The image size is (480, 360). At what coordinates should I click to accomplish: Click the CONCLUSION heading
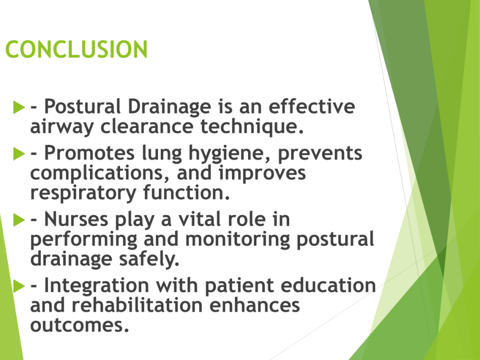click(x=76, y=49)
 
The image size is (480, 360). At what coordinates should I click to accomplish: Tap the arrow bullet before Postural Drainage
click(x=19, y=107)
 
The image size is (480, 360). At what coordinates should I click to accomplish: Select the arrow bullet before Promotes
click(x=19, y=154)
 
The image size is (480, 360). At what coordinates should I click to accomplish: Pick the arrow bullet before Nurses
click(x=19, y=220)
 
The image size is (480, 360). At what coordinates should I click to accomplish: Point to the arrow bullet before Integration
click(x=19, y=286)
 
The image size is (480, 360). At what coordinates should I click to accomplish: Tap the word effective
click(x=312, y=106)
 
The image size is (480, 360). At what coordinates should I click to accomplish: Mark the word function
click(x=187, y=192)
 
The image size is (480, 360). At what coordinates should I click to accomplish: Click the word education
click(x=328, y=285)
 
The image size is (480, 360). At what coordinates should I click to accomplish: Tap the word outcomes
click(x=80, y=325)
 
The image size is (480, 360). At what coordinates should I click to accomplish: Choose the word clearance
click(x=147, y=127)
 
